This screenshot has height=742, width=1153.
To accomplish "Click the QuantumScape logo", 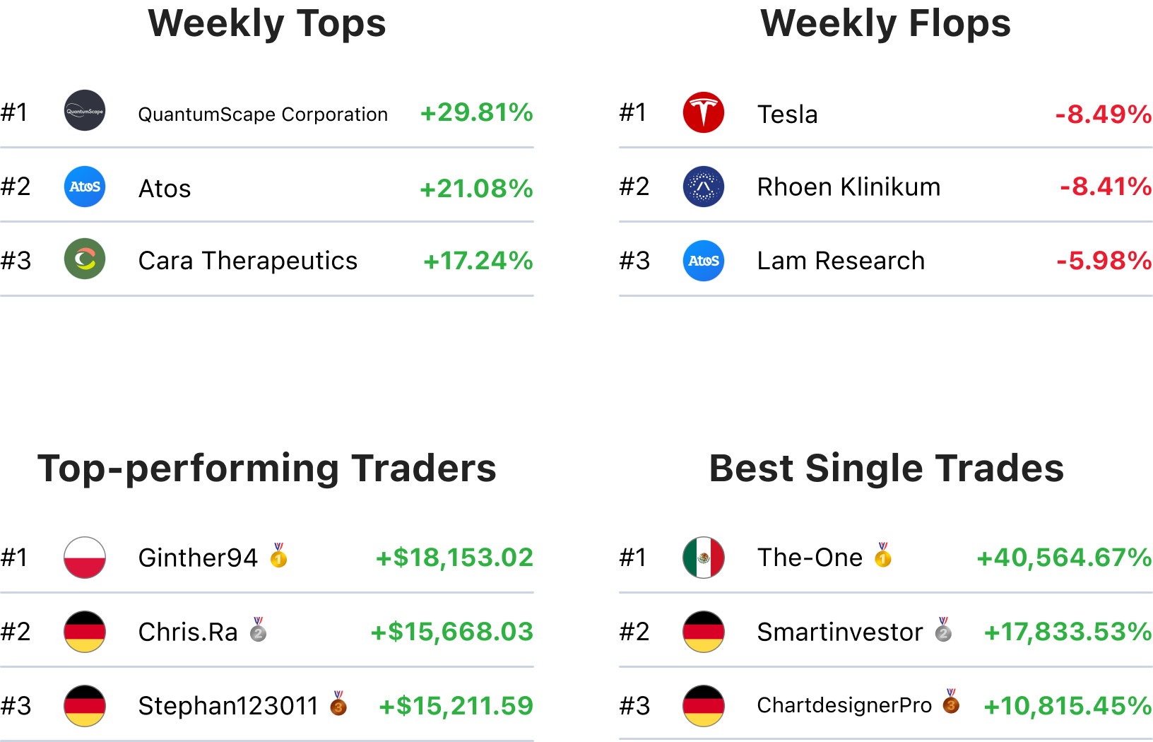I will point(85,110).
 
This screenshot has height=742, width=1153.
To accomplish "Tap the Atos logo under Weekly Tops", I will point(85,187).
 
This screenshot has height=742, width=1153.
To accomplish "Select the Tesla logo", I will point(704,112).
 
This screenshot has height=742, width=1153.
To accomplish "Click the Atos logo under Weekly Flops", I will point(704,261).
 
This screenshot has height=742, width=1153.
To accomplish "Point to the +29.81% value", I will point(476,112).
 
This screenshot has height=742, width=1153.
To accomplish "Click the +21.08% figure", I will point(476,189).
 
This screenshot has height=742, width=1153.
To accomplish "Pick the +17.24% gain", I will point(478,261).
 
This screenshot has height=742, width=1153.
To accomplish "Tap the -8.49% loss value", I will point(1104,114).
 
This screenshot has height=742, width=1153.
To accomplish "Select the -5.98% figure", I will point(1104,261).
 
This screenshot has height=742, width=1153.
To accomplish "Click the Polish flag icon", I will point(85,558).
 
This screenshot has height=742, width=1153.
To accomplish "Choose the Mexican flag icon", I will point(704,558).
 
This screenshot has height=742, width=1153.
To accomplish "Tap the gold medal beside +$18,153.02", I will point(278,556).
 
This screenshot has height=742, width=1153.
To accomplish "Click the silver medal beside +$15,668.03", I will point(259,630).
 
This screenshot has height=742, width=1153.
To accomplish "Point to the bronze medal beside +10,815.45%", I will point(951,702).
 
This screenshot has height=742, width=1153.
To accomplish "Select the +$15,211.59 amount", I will point(456,706).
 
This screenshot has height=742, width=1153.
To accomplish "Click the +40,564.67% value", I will point(1064,558).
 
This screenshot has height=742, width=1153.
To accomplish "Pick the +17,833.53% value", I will point(1068,632).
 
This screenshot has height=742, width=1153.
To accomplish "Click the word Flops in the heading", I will point(959,23).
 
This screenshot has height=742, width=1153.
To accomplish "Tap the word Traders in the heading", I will point(424,469).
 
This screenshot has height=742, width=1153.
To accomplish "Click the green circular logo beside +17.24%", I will point(85,259).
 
